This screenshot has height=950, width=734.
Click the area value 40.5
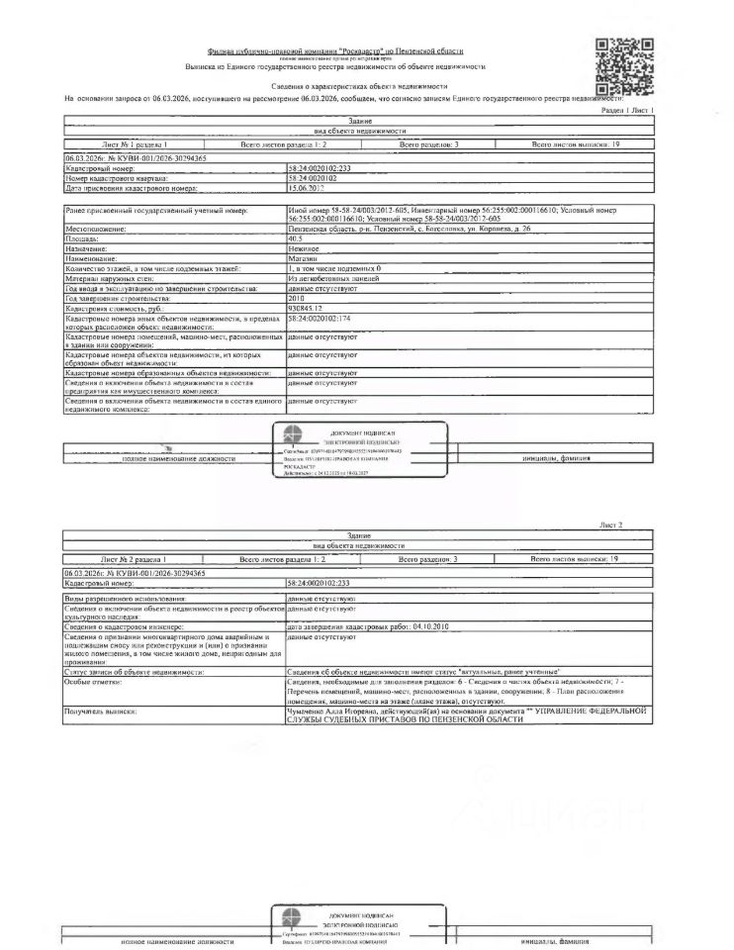tap(296, 238)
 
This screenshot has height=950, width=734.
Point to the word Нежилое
tap(303, 248)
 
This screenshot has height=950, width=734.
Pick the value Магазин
tap(303, 258)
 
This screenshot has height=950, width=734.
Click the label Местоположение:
tap(98, 229)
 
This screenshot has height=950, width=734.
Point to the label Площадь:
tap(83, 238)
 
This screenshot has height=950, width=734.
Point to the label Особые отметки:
tap(94, 683)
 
